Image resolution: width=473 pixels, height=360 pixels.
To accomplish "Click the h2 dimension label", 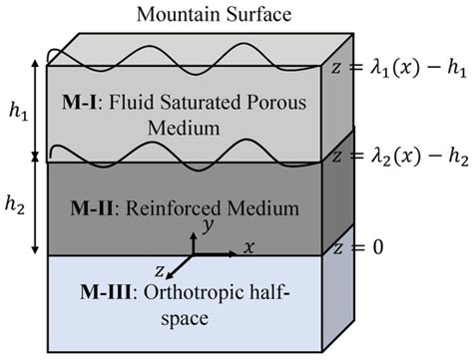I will pos(17,202).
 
